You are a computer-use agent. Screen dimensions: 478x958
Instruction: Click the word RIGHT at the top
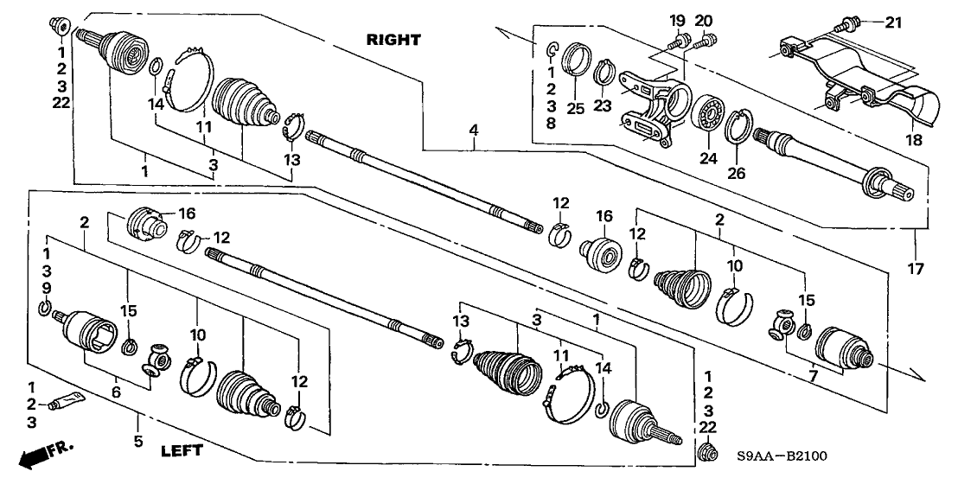(x=393, y=40)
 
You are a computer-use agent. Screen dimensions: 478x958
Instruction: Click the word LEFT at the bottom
(x=182, y=450)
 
